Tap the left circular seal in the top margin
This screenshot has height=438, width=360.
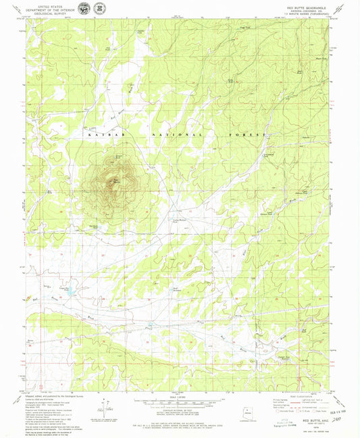[83, 8]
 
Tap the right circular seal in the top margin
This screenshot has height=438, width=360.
[101, 8]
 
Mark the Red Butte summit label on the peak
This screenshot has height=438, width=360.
[116, 180]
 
